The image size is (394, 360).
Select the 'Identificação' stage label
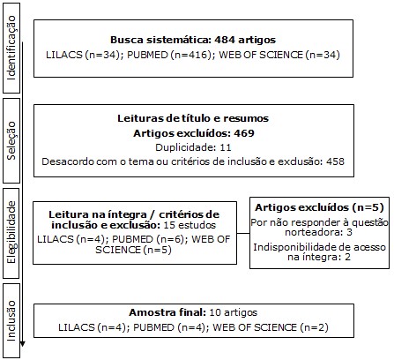pyautogui.click(x=11, y=49)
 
